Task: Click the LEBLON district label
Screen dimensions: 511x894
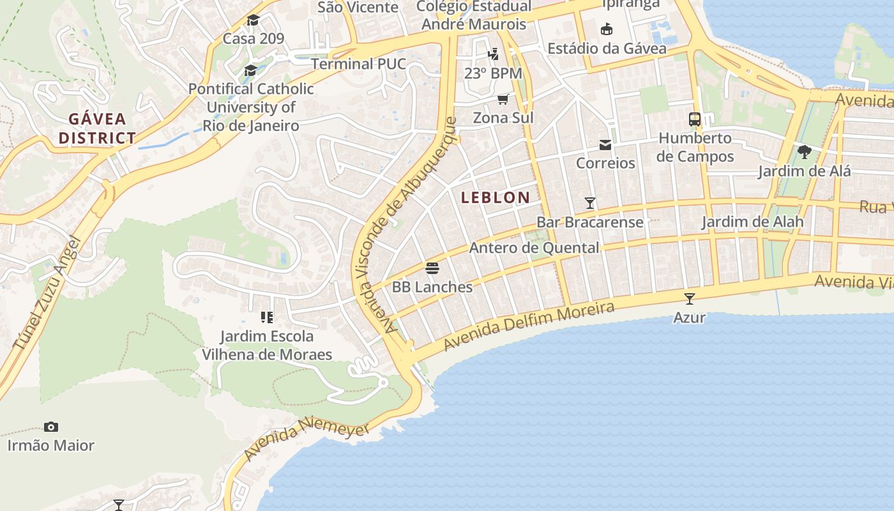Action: tap(496, 197)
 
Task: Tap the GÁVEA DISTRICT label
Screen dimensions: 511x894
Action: tap(98, 128)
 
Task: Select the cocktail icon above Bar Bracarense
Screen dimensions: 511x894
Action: tap(590, 203)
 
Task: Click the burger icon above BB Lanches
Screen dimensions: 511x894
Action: tap(432, 268)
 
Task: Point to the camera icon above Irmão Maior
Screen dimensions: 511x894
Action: tap(51, 427)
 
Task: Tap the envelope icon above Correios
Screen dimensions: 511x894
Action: tap(605, 145)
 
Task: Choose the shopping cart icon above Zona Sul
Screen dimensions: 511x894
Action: tap(503, 100)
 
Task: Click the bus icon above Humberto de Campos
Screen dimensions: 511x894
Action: tap(695, 119)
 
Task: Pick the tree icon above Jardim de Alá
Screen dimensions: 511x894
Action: tap(805, 152)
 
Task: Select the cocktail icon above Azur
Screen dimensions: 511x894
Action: tap(690, 298)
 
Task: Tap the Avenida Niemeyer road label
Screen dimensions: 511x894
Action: tap(307, 438)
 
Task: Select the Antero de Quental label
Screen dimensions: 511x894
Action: tap(534, 248)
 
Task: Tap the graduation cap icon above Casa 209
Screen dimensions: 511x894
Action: tap(254, 20)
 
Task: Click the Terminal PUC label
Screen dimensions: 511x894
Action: tap(358, 64)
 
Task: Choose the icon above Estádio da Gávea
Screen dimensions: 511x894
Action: tap(607, 29)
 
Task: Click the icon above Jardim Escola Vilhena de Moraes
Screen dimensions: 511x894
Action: tap(267, 317)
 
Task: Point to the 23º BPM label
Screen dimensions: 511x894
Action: tap(493, 73)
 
